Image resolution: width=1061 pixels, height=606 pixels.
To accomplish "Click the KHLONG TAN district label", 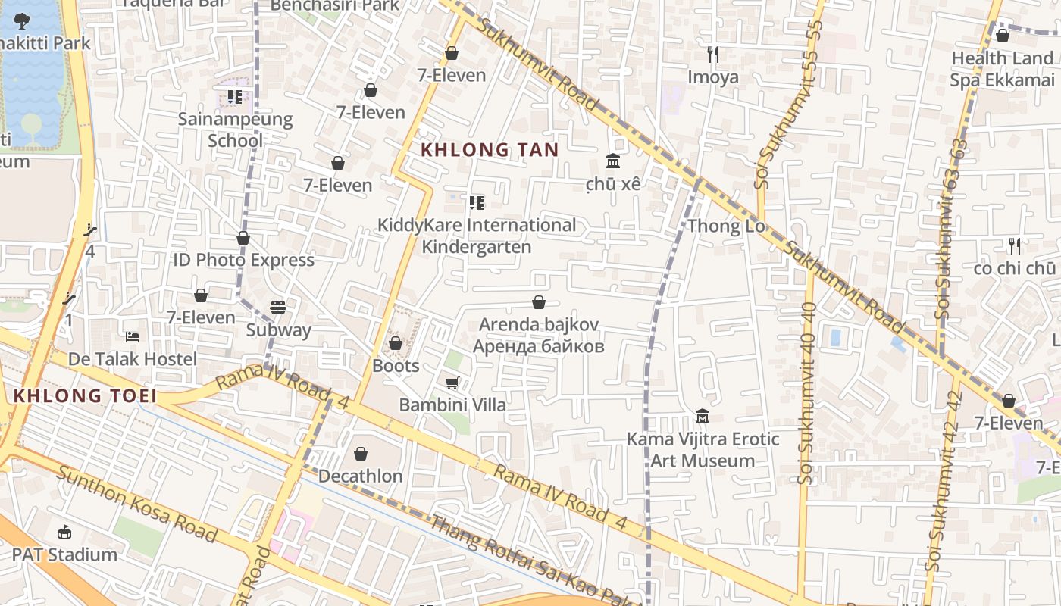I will [490, 150].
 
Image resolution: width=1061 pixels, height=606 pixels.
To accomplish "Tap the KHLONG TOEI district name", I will [85, 395].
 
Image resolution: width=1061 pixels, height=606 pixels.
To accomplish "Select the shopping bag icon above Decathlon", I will [361, 454].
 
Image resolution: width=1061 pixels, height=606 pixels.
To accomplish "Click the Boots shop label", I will [396, 366].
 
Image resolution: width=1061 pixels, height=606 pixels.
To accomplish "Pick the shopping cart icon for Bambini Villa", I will [452, 383].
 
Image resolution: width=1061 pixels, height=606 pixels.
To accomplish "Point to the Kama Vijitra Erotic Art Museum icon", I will [702, 417].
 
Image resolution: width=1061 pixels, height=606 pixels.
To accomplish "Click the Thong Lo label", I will [726, 226].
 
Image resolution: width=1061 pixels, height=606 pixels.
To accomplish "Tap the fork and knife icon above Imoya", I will [712, 54].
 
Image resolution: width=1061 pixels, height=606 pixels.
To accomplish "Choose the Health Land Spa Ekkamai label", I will [1003, 69].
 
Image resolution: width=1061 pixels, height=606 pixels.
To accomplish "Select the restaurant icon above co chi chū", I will [1015, 245].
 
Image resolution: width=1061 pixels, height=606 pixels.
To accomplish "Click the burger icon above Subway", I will [278, 308].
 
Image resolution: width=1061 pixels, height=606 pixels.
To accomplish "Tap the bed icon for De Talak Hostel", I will [132, 336].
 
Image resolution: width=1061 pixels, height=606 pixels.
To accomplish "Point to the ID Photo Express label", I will [243, 260].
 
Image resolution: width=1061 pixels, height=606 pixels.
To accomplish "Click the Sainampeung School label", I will [235, 130].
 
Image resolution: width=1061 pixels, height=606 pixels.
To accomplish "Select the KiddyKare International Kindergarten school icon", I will [476, 203].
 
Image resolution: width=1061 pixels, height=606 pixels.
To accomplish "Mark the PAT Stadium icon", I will [64, 532].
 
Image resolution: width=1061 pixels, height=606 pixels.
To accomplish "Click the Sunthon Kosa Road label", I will [137, 505].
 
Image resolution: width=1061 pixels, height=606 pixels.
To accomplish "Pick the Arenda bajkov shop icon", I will [539, 303].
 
